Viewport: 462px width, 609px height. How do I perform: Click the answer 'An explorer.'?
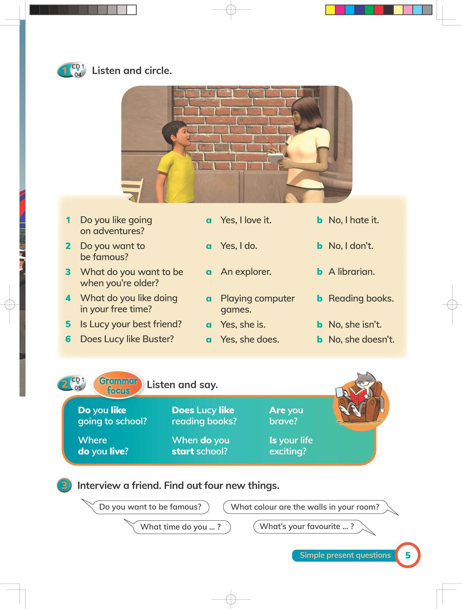[x=246, y=272]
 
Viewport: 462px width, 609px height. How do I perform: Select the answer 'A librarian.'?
[x=352, y=272]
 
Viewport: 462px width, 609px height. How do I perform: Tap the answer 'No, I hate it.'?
[x=354, y=220]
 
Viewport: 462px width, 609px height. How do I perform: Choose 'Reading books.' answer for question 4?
[x=361, y=298]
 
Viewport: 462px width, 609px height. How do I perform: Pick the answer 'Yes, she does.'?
[x=250, y=340]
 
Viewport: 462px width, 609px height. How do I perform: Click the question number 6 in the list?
[x=68, y=339]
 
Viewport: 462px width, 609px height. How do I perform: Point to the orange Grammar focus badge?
[x=118, y=385]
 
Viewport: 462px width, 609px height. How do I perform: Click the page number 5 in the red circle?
[x=408, y=555]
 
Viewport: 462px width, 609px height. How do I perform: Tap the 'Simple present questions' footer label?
[x=345, y=555]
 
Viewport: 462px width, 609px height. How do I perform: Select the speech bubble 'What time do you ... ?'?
[x=180, y=527]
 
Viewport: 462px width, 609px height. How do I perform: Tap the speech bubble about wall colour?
[x=305, y=507]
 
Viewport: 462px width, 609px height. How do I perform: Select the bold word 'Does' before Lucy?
[x=183, y=410]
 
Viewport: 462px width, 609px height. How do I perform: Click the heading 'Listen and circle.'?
[x=132, y=71]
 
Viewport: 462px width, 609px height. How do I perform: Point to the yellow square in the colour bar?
[x=330, y=10]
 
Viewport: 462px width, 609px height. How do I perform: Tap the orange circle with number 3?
[x=64, y=486]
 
